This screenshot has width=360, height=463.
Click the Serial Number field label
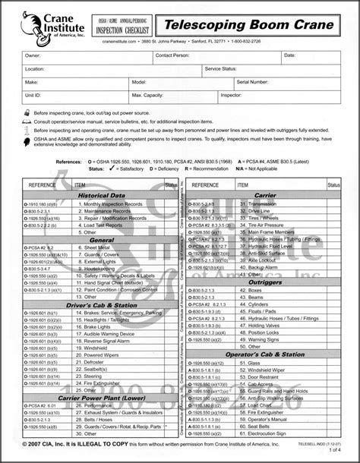click(x=254, y=80)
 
